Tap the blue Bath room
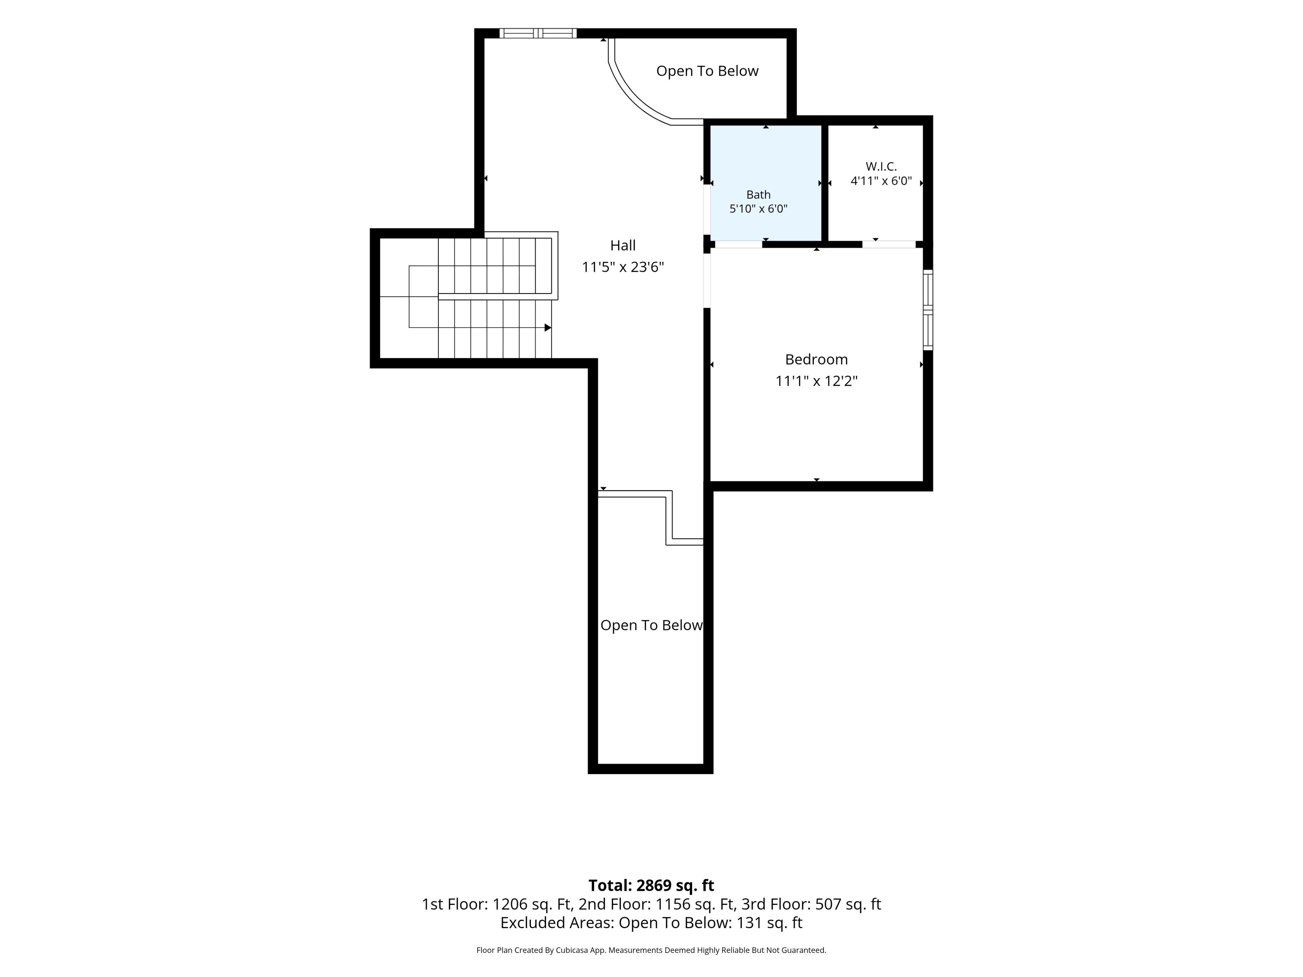click(x=766, y=183)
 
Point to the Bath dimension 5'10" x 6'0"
click(x=758, y=209)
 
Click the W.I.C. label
click(x=881, y=167)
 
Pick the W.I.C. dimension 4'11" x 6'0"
click(x=881, y=181)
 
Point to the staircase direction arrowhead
click(x=548, y=327)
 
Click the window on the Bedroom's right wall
click(x=928, y=310)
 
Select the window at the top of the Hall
click(x=538, y=33)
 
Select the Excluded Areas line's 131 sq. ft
click(x=769, y=923)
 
